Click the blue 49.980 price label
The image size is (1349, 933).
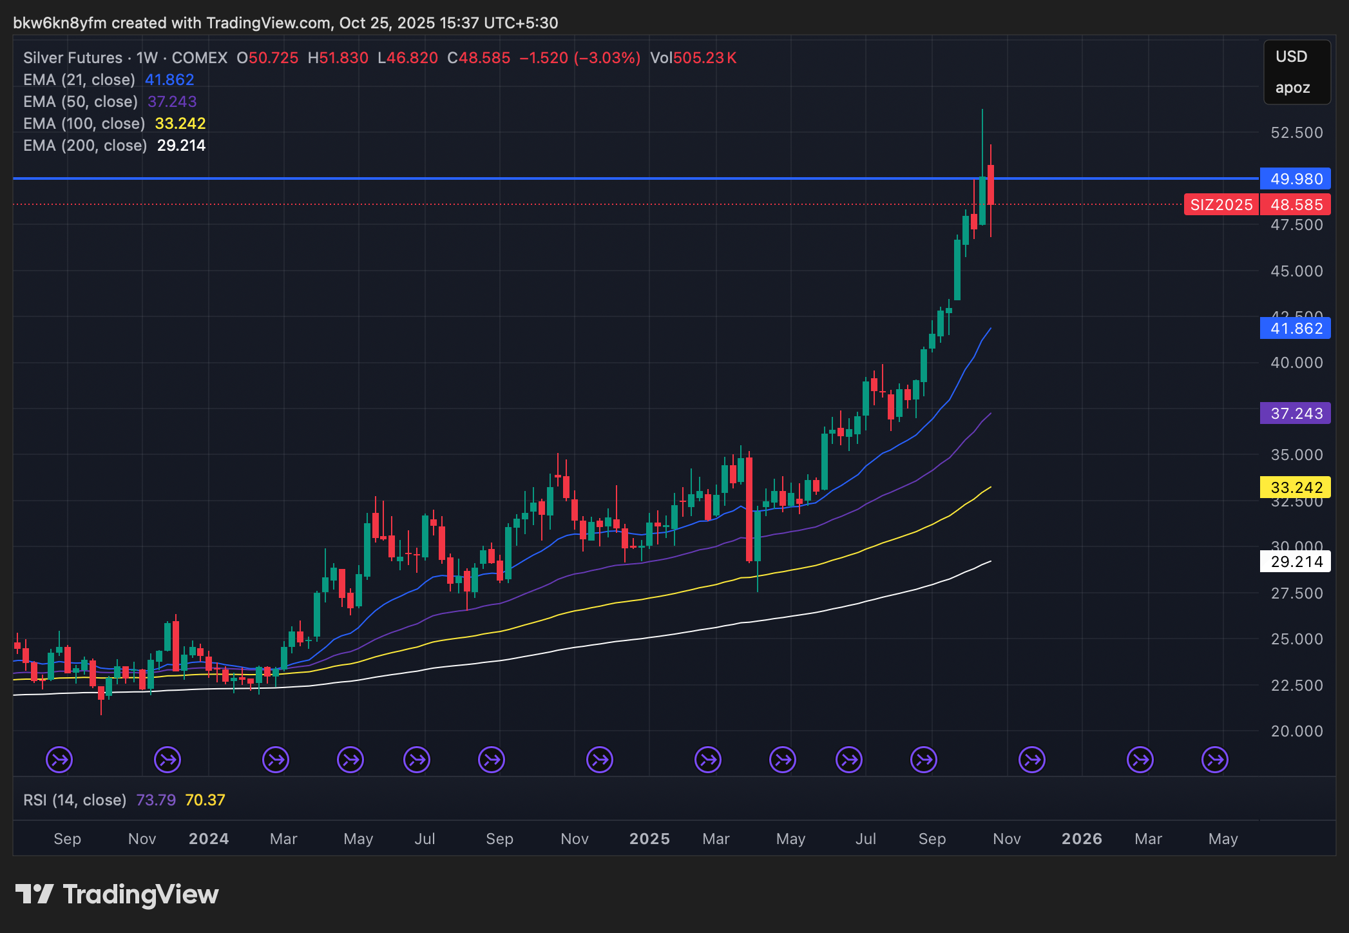coord(1296,179)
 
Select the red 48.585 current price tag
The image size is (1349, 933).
coord(1296,205)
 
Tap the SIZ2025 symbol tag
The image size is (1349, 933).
coord(1221,205)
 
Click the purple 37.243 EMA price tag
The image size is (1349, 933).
coord(1296,414)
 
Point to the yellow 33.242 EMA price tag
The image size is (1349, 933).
coord(1296,488)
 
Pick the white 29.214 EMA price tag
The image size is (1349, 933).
coord(1296,562)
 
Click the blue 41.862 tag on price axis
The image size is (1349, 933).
coord(1296,329)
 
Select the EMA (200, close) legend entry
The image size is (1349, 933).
coord(85,146)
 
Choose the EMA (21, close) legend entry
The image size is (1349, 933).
coord(79,80)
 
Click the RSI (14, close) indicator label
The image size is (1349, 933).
coord(75,800)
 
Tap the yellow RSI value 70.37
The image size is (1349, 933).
coord(205,800)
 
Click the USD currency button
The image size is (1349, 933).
coord(1291,57)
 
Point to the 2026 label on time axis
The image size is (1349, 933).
coord(1082,839)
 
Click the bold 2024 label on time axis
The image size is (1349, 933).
coord(209,839)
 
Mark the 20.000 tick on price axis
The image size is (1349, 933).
coord(1296,731)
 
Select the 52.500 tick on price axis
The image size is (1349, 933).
coord(1296,133)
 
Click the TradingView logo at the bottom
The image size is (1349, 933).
coord(117,894)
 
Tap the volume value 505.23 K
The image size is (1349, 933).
coord(693,58)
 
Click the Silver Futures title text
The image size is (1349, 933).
coord(73,58)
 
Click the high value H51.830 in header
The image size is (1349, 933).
coord(338,58)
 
